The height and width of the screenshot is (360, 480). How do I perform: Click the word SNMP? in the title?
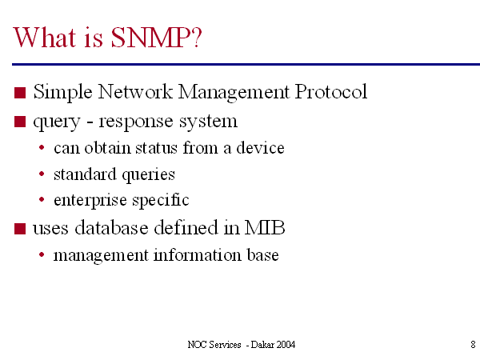pos(156,38)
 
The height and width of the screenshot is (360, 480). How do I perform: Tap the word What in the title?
pos(44,38)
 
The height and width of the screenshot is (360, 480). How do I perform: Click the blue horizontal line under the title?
pos(246,64)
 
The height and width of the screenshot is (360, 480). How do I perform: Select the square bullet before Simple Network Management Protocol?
pos(20,93)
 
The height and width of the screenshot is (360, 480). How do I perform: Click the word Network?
pos(135,91)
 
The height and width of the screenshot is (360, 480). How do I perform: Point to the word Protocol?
pos(331,91)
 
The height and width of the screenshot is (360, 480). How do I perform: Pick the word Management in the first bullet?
pos(234,93)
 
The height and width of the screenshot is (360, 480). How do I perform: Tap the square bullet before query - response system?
pos(20,122)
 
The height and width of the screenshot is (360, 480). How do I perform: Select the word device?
pos(260,147)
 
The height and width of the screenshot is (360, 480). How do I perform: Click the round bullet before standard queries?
pos(42,174)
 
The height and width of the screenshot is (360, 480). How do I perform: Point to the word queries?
pos(149,175)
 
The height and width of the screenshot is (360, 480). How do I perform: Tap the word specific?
pos(161,201)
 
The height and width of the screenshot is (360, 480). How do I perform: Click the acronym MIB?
pos(265,228)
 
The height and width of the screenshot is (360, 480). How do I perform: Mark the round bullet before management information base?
pos(42,254)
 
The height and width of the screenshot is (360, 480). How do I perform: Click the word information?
pos(197,254)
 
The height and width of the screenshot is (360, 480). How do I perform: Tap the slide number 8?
pos(473,344)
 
